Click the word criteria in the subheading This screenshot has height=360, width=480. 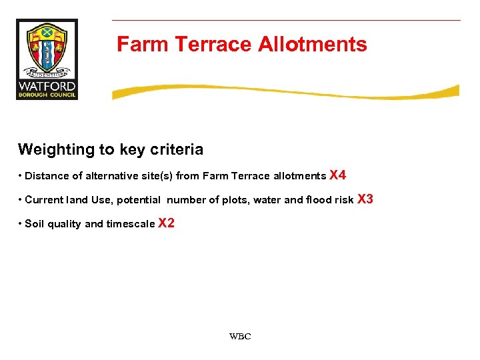click(175, 149)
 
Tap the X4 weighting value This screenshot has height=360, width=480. click(338, 175)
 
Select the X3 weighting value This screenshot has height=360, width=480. click(365, 199)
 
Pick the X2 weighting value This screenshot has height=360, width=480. click(166, 223)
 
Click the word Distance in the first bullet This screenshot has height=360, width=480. click(46, 176)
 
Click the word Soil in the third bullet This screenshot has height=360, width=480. click(35, 224)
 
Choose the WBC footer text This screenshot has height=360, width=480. click(240, 337)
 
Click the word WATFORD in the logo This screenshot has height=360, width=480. click(47, 87)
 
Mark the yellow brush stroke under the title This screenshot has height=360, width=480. click(285, 92)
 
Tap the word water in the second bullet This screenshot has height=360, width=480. click(267, 200)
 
